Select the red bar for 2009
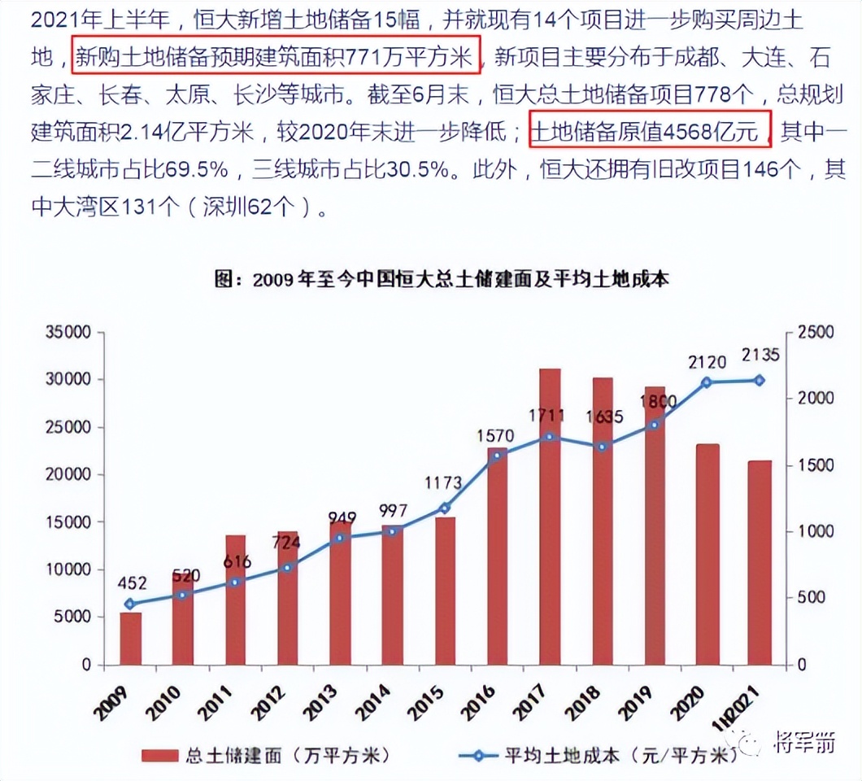click(131, 638)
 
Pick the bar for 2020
click(707, 553)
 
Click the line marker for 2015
click(444, 508)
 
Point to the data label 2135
click(760, 355)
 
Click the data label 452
click(132, 582)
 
